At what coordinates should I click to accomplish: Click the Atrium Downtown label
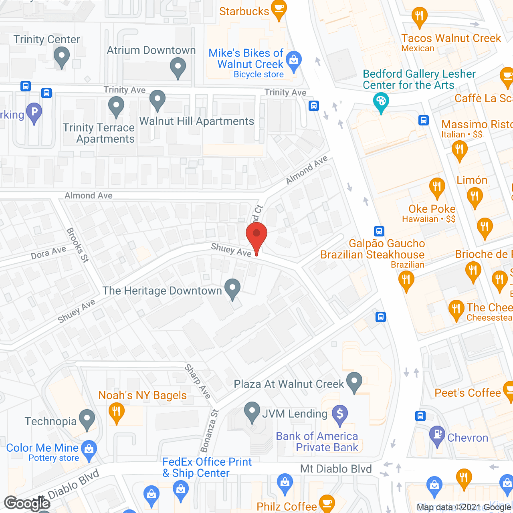[x=151, y=50]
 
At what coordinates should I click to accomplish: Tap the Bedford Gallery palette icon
[x=381, y=101]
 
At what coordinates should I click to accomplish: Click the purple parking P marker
[x=34, y=112]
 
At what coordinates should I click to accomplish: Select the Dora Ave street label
[x=48, y=253]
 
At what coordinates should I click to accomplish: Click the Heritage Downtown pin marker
[x=232, y=288]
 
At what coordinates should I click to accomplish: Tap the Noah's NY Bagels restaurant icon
[x=116, y=412]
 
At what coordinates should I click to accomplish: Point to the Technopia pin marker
[x=87, y=419]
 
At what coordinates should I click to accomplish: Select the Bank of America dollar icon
[x=340, y=414]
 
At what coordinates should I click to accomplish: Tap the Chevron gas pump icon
[x=437, y=435]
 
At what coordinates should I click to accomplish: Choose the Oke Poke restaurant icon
[x=437, y=188]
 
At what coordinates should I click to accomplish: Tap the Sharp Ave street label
[x=198, y=381]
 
